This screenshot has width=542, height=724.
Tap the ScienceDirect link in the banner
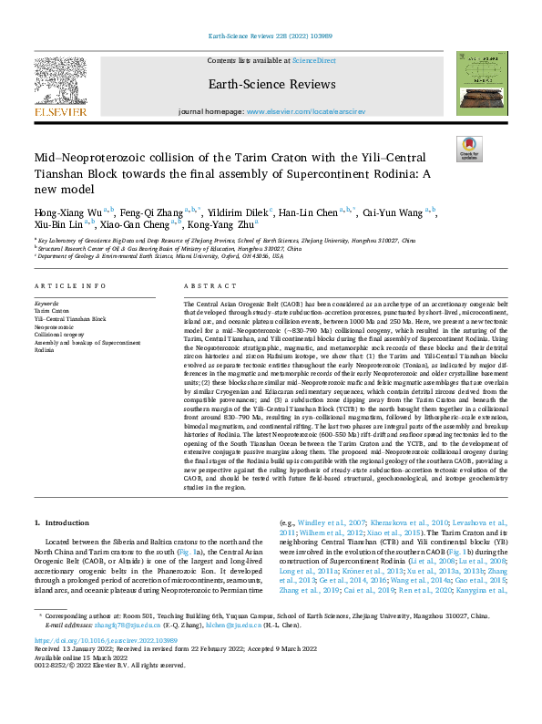pos(312,59)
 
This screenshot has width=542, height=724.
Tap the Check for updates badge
pos(469,149)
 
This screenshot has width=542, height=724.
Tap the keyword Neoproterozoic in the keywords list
pos(55,326)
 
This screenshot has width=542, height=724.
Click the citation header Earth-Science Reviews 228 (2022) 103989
pos(271,38)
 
